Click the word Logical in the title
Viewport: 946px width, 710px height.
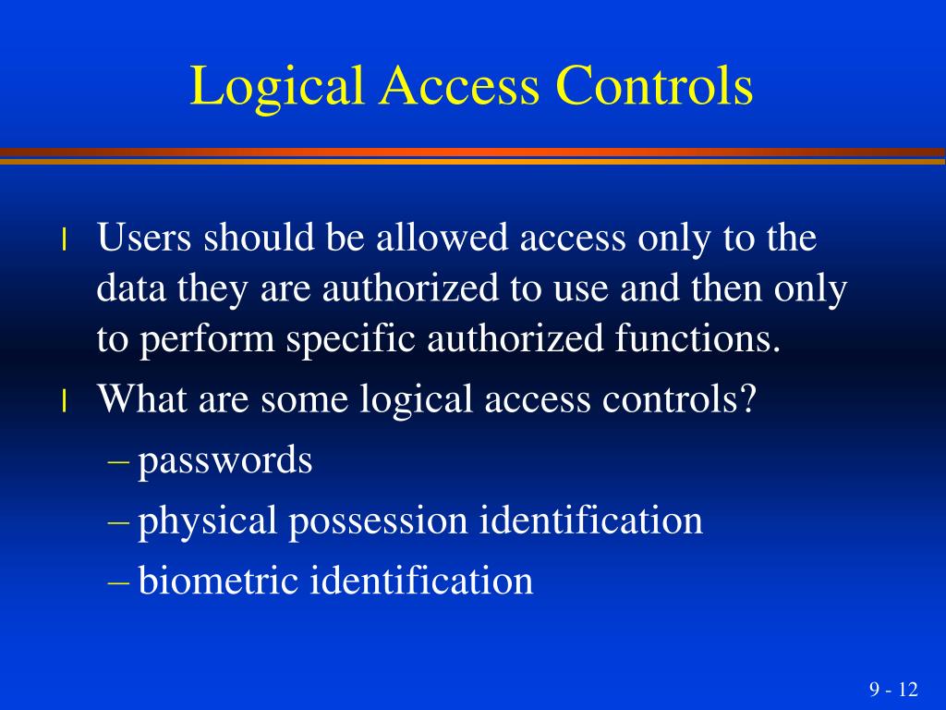[267, 88]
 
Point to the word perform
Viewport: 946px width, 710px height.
[208, 341]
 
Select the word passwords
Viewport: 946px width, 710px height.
[225, 460]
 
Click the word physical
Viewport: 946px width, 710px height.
[208, 521]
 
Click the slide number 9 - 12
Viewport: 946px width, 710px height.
[893, 690]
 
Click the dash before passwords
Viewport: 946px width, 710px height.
[118, 460]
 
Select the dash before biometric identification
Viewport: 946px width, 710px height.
[118, 581]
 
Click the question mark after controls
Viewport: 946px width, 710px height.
[747, 400]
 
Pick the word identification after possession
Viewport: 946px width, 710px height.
[591, 520]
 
